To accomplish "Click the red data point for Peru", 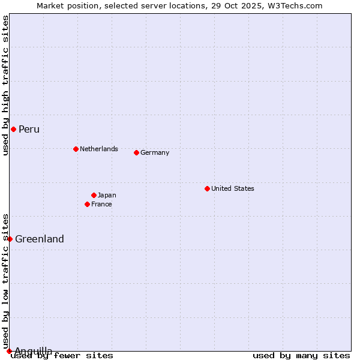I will click(13, 129).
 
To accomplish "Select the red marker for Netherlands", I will click(76, 149).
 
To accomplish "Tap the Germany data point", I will click(136, 152).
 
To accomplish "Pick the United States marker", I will click(207, 188).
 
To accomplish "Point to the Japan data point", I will click(94, 195).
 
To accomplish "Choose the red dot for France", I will click(87, 204).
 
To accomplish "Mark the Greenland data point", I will click(10, 239).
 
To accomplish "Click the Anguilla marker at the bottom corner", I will click(9, 351).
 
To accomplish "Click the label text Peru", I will click(29, 129).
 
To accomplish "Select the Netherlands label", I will click(99, 149).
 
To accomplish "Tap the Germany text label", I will click(155, 152).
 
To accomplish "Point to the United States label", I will click(233, 188).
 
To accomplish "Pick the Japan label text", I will click(107, 195).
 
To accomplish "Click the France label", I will click(101, 204).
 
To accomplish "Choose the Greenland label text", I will click(40, 239).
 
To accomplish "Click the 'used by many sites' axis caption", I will click(301, 355).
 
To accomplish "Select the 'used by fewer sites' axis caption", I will click(62, 355).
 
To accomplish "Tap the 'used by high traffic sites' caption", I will click(5, 85).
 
